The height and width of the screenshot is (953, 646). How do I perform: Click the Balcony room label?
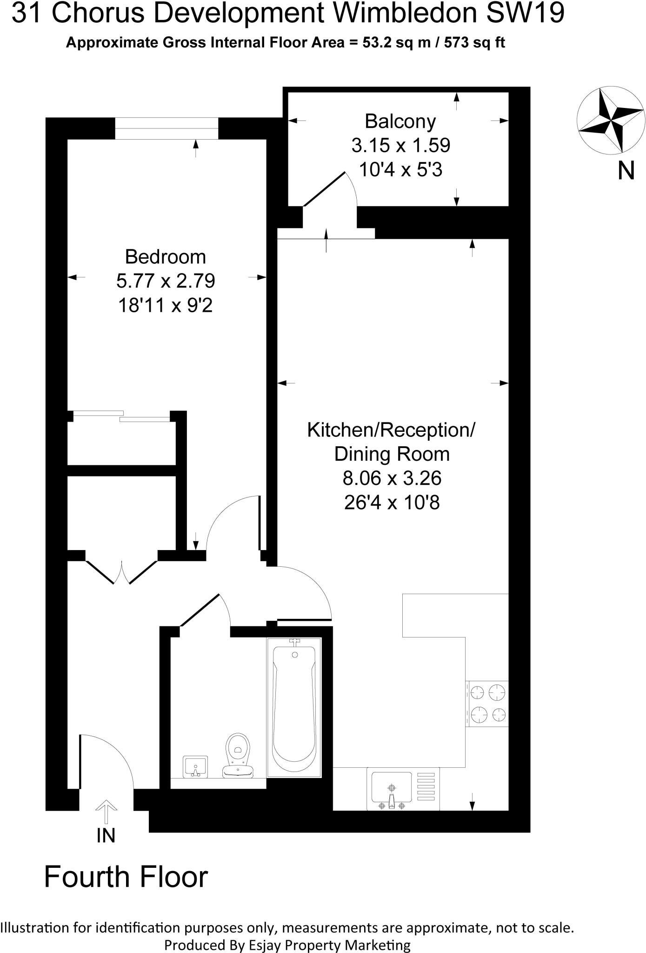(400, 121)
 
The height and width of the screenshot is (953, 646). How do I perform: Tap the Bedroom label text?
(165, 257)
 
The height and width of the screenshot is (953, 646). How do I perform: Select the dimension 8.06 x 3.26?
(392, 478)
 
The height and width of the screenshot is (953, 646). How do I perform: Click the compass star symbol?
(610, 120)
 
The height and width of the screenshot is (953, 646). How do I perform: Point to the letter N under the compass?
(626, 171)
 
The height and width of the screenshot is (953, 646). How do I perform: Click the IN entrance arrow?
(106, 812)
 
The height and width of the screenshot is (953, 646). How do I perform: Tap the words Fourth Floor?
(126, 877)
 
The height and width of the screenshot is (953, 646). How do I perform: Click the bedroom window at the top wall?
(166, 128)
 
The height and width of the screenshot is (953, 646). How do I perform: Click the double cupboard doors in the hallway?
(122, 571)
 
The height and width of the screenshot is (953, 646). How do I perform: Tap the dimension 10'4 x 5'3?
(400, 170)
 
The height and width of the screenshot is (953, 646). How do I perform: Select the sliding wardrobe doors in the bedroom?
(122, 416)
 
